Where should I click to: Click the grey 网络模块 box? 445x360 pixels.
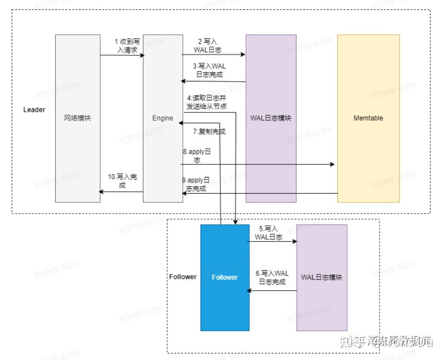click(x=77, y=118)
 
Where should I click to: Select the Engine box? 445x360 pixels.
click(x=162, y=118)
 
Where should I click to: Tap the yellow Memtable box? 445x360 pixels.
click(x=368, y=118)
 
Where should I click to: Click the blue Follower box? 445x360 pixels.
click(x=225, y=277)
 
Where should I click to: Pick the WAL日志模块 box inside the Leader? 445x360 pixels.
click(x=271, y=118)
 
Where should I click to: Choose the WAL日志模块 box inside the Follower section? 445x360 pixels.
click(x=322, y=277)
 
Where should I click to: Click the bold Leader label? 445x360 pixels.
click(x=34, y=110)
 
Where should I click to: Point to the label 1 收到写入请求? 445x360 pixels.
click(x=127, y=46)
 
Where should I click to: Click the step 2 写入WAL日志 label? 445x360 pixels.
click(x=207, y=46)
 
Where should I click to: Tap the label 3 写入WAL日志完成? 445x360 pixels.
click(x=209, y=70)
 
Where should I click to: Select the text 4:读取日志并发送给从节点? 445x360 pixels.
click(x=207, y=102)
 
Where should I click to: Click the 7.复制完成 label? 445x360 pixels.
click(x=209, y=131)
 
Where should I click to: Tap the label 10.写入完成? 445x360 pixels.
click(x=120, y=181)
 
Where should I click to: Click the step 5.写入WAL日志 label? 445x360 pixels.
click(x=268, y=233)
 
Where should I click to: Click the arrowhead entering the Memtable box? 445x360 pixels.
click(x=332, y=164)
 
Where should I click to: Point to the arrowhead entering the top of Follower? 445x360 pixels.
click(x=237, y=222)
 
